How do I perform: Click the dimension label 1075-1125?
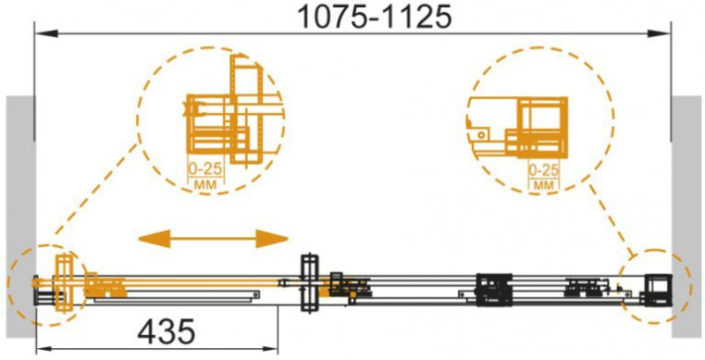pos(375,17)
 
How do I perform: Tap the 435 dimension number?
pos(167,332)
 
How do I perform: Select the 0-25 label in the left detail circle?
pos(204,169)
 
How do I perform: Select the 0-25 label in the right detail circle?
pos(544,170)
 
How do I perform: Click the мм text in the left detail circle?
pos(204,184)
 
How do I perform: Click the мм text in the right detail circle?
pos(544,185)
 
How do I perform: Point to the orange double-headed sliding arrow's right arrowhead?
pos(272,239)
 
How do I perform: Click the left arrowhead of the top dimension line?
pos(47,33)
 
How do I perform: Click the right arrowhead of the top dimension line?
pos(659,33)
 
